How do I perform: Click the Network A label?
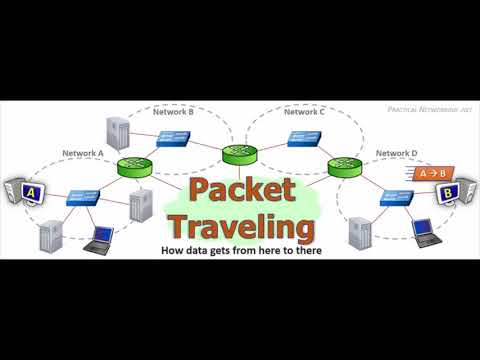83,153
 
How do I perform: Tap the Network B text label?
173,113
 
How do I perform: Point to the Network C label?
305,112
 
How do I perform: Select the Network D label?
396,153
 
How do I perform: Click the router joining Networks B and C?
238,153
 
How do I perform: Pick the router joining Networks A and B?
134,168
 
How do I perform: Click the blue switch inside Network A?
82,197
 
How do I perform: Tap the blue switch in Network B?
177,139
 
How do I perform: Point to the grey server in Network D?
358,231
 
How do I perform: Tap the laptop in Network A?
99,237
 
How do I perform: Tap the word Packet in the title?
241,190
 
